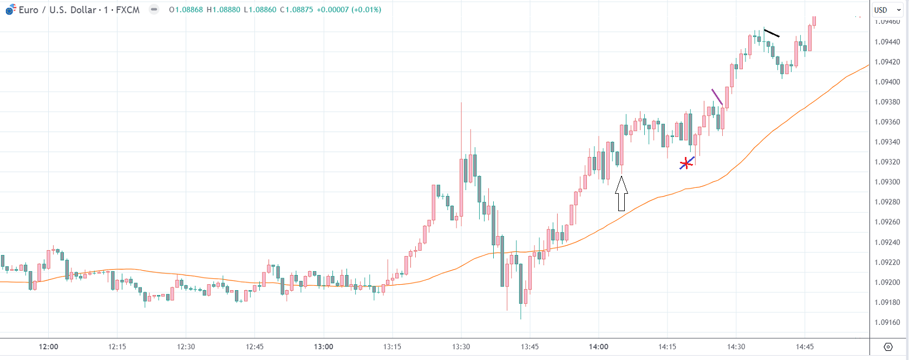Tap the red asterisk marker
coord(686,163)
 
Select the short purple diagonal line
coord(717,97)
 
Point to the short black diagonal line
coord(771,32)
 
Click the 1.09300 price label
coord(887,182)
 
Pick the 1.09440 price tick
coord(887,42)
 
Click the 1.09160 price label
coord(887,322)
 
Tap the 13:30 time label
coord(461,346)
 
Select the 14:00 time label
coord(598,346)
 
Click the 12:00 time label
coord(48,346)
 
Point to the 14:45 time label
coord(805,346)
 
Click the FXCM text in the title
coord(128,10)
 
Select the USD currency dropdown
coord(887,10)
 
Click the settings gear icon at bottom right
coord(888,347)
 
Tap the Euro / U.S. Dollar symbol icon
coord(10,9)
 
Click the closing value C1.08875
coord(296,10)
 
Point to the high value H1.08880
coord(223,10)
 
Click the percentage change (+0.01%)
coord(367,10)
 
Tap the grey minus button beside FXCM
coord(154,9)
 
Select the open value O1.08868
coord(186,10)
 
